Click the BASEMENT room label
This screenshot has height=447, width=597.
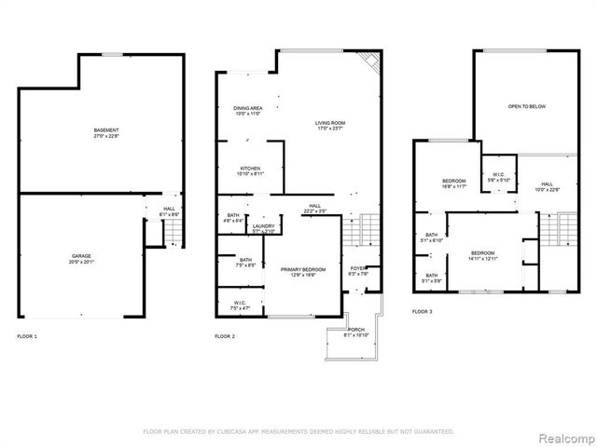click(105, 129)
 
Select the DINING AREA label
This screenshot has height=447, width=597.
click(247, 108)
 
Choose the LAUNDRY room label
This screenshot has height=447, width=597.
click(262, 225)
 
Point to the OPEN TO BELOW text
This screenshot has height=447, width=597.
click(526, 106)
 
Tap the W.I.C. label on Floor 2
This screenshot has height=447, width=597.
click(239, 302)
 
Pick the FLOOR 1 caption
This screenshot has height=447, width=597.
click(27, 335)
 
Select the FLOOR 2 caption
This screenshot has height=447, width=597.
click(225, 335)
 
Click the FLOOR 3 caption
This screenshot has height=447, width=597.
click(423, 311)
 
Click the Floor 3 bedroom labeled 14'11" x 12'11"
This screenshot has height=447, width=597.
click(482, 253)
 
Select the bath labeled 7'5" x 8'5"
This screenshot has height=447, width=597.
click(245, 260)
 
